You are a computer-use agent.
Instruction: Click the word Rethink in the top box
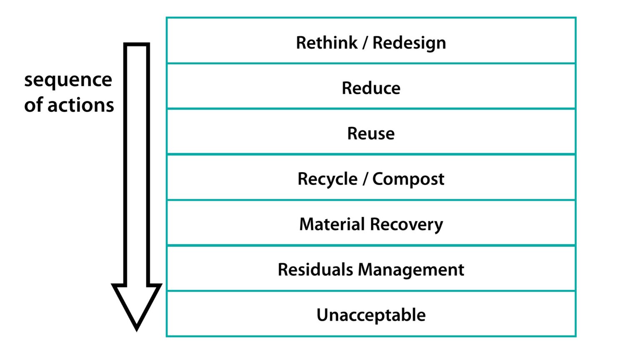click(x=327, y=43)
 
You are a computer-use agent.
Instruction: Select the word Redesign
click(x=409, y=43)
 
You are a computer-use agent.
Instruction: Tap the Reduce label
click(x=371, y=88)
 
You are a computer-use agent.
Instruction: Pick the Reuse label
click(x=371, y=134)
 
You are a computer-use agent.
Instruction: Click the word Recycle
click(x=327, y=180)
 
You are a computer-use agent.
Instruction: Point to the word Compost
click(x=408, y=180)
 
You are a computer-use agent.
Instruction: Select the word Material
click(x=332, y=225)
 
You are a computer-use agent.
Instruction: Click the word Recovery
click(x=406, y=225)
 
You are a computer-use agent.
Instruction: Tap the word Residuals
click(x=315, y=270)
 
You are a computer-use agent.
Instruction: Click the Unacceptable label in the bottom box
click(x=371, y=315)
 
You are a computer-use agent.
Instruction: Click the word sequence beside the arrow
click(x=68, y=80)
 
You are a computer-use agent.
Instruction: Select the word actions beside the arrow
click(x=81, y=105)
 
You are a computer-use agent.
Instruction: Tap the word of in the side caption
click(x=33, y=105)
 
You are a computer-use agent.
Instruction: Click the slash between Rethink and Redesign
click(x=365, y=43)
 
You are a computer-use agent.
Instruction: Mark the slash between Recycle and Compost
click(x=365, y=179)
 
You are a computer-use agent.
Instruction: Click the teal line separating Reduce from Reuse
click(x=371, y=109)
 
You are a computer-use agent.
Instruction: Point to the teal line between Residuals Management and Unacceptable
click(x=371, y=291)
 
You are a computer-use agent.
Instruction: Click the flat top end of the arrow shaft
click(x=137, y=45)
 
